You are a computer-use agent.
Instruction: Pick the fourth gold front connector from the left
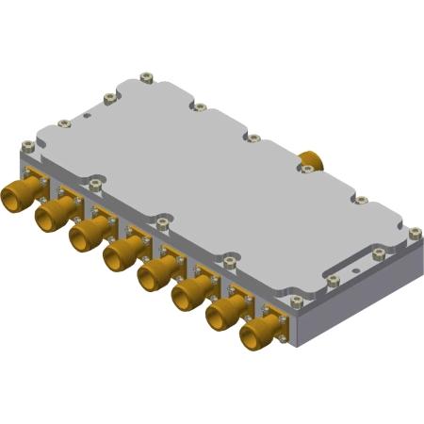click(118, 253)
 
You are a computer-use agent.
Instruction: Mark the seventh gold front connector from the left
click(220, 312)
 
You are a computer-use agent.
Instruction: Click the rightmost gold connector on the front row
click(254, 331)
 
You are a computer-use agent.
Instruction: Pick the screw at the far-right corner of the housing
click(415, 232)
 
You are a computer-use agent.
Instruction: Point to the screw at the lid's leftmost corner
click(28, 146)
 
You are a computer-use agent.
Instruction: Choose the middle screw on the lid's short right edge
click(378, 253)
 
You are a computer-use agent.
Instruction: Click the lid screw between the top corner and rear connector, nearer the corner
click(200, 106)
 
